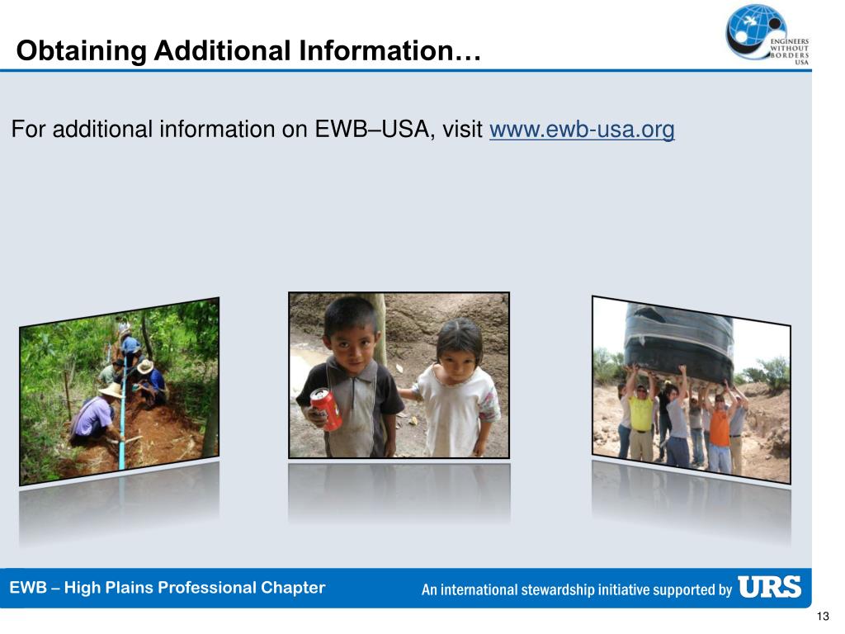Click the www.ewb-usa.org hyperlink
coord(582,130)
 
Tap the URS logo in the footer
coord(769,588)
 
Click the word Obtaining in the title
coord(81,52)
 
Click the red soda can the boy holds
coord(326,409)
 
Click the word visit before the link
coord(462,130)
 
